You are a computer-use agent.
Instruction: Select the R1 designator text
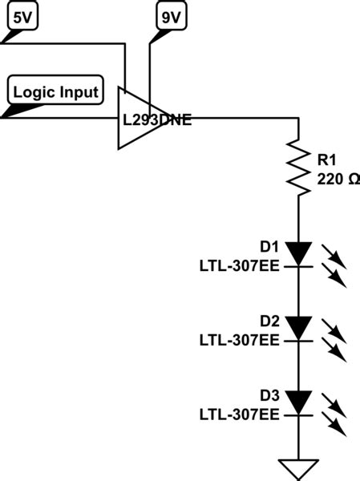click(x=327, y=160)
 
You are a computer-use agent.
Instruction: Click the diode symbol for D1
click(x=298, y=256)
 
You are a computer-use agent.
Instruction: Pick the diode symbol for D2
click(x=298, y=328)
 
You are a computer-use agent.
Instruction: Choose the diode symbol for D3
click(x=298, y=402)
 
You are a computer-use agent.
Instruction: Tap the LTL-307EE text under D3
click(x=240, y=414)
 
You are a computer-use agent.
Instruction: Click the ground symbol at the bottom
click(x=298, y=468)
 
